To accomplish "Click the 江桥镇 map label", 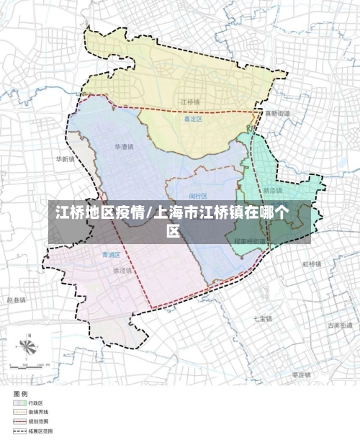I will [x=190, y=102].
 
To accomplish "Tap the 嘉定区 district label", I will [x=193, y=120].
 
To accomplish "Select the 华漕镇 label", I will [x=125, y=146].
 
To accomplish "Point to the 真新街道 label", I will [x=277, y=114].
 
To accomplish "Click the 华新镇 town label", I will [x=65, y=159].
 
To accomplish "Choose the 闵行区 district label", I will [x=198, y=196].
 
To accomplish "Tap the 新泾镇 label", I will [x=272, y=191].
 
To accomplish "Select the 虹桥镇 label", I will [x=312, y=264].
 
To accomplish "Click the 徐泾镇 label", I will [x=123, y=271].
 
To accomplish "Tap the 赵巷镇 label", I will [x=16, y=300].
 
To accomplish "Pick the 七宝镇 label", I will [x=262, y=318].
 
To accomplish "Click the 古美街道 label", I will [x=338, y=325].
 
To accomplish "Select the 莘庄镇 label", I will [x=301, y=375].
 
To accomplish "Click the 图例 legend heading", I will [x=20, y=394].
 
